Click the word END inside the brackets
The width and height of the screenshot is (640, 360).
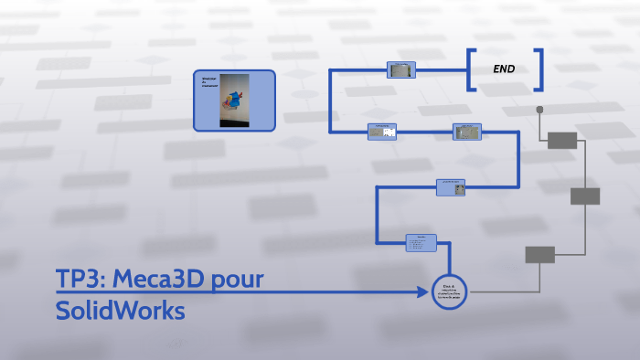(504, 69)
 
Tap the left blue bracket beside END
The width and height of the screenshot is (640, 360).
(471, 69)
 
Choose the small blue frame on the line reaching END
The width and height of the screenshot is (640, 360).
(401, 69)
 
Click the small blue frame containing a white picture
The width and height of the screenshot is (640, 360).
(382, 132)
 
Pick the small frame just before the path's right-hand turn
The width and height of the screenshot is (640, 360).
(467, 132)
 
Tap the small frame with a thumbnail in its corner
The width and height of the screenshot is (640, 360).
(451, 187)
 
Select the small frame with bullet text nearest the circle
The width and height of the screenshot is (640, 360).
(421, 242)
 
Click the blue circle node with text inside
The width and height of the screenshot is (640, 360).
(449, 291)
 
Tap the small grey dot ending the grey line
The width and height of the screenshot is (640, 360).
(539, 110)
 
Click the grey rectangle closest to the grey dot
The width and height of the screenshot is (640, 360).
(562, 140)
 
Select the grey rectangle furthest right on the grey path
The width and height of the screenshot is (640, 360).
(585, 196)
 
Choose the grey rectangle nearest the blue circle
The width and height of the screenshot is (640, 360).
(539, 255)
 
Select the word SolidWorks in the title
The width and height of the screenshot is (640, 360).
(120, 312)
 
